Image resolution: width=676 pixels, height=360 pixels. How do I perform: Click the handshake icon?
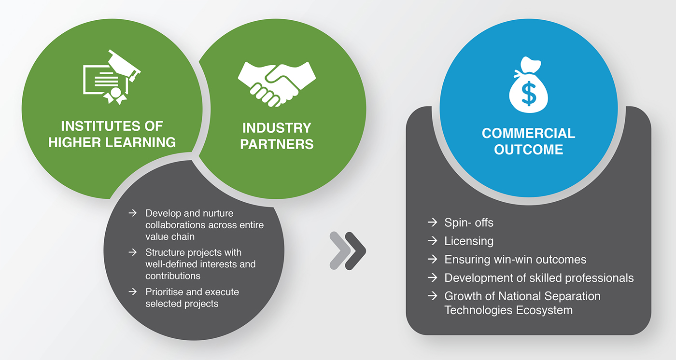(277, 84)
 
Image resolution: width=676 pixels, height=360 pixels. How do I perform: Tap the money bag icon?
(528, 85)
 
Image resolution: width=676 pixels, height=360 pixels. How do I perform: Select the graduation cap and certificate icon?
(112, 77)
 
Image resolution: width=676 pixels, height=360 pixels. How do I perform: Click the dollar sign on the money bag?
(529, 94)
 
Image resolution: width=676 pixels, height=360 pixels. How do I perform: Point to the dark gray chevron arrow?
(355, 251)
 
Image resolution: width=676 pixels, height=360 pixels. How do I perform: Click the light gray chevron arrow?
(340, 251)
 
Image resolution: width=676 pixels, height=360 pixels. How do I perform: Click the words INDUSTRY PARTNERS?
(277, 136)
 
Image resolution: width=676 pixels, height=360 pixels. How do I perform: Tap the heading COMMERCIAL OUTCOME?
(528, 141)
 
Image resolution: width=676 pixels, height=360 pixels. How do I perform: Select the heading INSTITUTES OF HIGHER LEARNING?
(112, 134)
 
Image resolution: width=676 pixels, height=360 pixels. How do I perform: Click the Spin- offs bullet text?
(469, 222)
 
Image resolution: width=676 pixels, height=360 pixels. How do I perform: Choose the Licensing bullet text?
(469, 241)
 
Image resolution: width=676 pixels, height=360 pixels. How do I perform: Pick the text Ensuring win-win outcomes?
(515, 259)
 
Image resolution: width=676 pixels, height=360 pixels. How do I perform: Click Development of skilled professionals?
(539, 278)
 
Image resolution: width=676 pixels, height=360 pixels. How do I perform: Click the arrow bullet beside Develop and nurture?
(132, 213)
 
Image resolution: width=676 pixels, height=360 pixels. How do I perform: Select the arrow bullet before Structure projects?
(132, 252)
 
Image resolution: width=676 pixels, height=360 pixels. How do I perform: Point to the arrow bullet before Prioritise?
(132, 291)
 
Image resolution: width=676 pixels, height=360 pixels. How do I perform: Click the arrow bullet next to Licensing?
(433, 241)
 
